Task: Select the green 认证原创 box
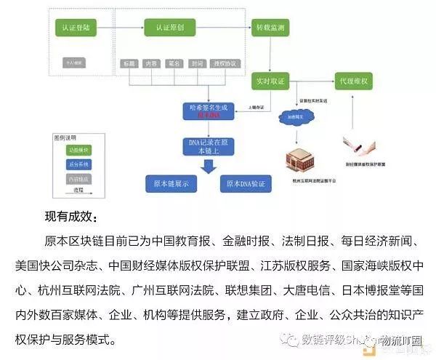click(171, 28)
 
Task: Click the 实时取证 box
click(269, 79)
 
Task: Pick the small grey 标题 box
click(128, 64)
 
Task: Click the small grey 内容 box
click(150, 64)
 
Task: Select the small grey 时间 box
click(197, 64)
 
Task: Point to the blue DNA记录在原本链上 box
click(206, 147)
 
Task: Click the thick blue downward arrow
click(207, 167)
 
